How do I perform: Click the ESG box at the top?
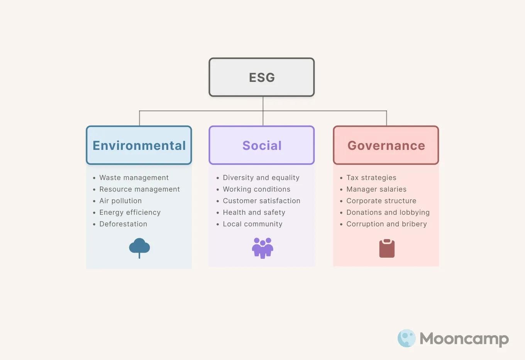click(x=262, y=77)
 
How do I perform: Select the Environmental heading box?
click(x=139, y=145)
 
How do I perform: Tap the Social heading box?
click(x=262, y=145)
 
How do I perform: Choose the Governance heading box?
click(x=386, y=145)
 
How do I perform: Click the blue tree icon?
click(x=139, y=248)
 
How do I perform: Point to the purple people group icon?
click(x=262, y=248)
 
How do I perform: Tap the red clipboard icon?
click(x=387, y=248)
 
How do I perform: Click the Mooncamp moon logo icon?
click(x=406, y=338)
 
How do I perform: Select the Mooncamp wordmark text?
click(x=464, y=339)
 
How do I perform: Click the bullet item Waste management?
click(x=134, y=178)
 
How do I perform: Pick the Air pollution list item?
click(x=120, y=201)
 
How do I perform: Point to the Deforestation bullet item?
click(x=123, y=224)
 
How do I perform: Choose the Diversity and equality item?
click(x=261, y=178)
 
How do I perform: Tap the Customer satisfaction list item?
click(x=261, y=201)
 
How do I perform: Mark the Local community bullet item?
click(x=252, y=224)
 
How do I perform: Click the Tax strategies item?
click(x=371, y=178)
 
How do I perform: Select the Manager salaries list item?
click(x=376, y=189)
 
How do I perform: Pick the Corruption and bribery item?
click(x=386, y=224)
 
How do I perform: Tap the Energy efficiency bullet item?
click(x=130, y=212)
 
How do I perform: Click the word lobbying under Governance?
click(x=415, y=212)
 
